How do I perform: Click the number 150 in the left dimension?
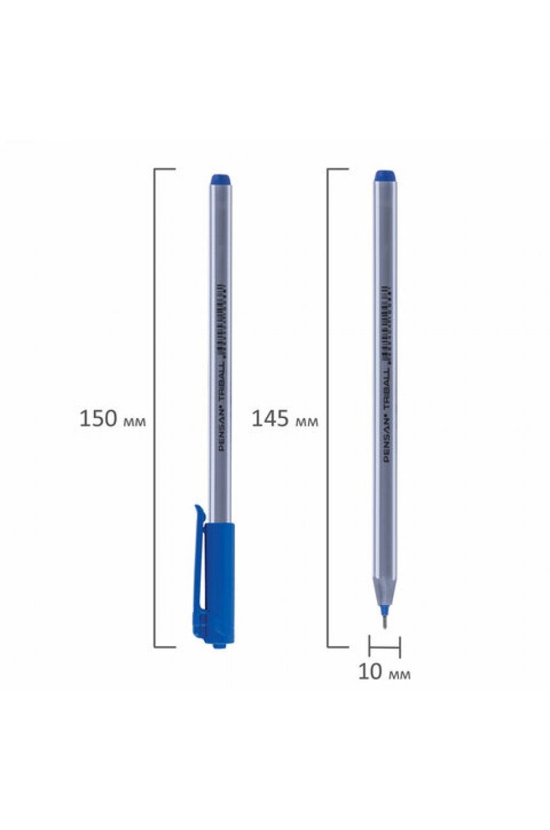tap(98, 419)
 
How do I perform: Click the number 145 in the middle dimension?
tap(270, 419)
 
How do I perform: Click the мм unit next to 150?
tap(134, 421)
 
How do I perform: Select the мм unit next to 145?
tap(306, 421)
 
